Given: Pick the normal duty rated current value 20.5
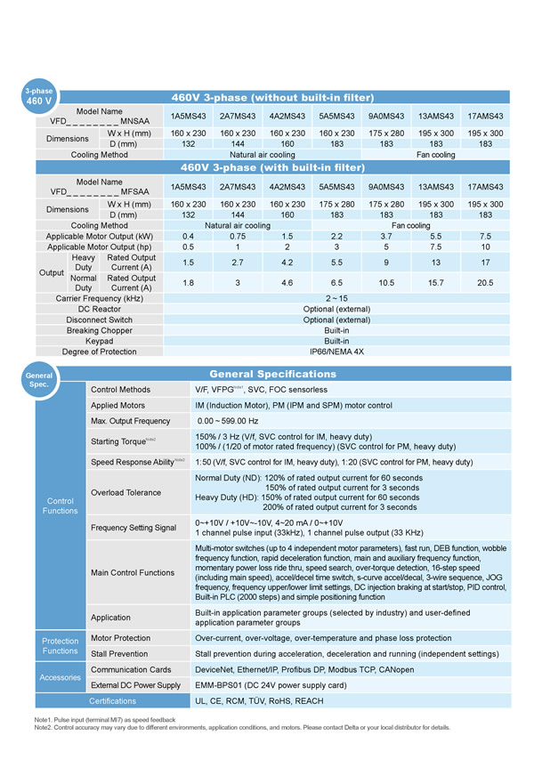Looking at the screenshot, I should (484, 282).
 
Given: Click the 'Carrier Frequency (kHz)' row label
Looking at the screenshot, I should (100, 298).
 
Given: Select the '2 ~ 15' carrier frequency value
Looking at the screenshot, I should (336, 298).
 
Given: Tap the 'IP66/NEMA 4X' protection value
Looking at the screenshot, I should (336, 352).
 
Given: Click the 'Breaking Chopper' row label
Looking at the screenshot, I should (100, 330).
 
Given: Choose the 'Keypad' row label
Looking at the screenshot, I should (100, 341).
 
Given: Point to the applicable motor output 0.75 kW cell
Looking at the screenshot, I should (238, 236).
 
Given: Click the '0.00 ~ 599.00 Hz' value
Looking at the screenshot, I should (228, 421).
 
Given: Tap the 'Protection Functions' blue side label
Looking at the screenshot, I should (61, 646).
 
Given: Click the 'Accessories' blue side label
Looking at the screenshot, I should (61, 677).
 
